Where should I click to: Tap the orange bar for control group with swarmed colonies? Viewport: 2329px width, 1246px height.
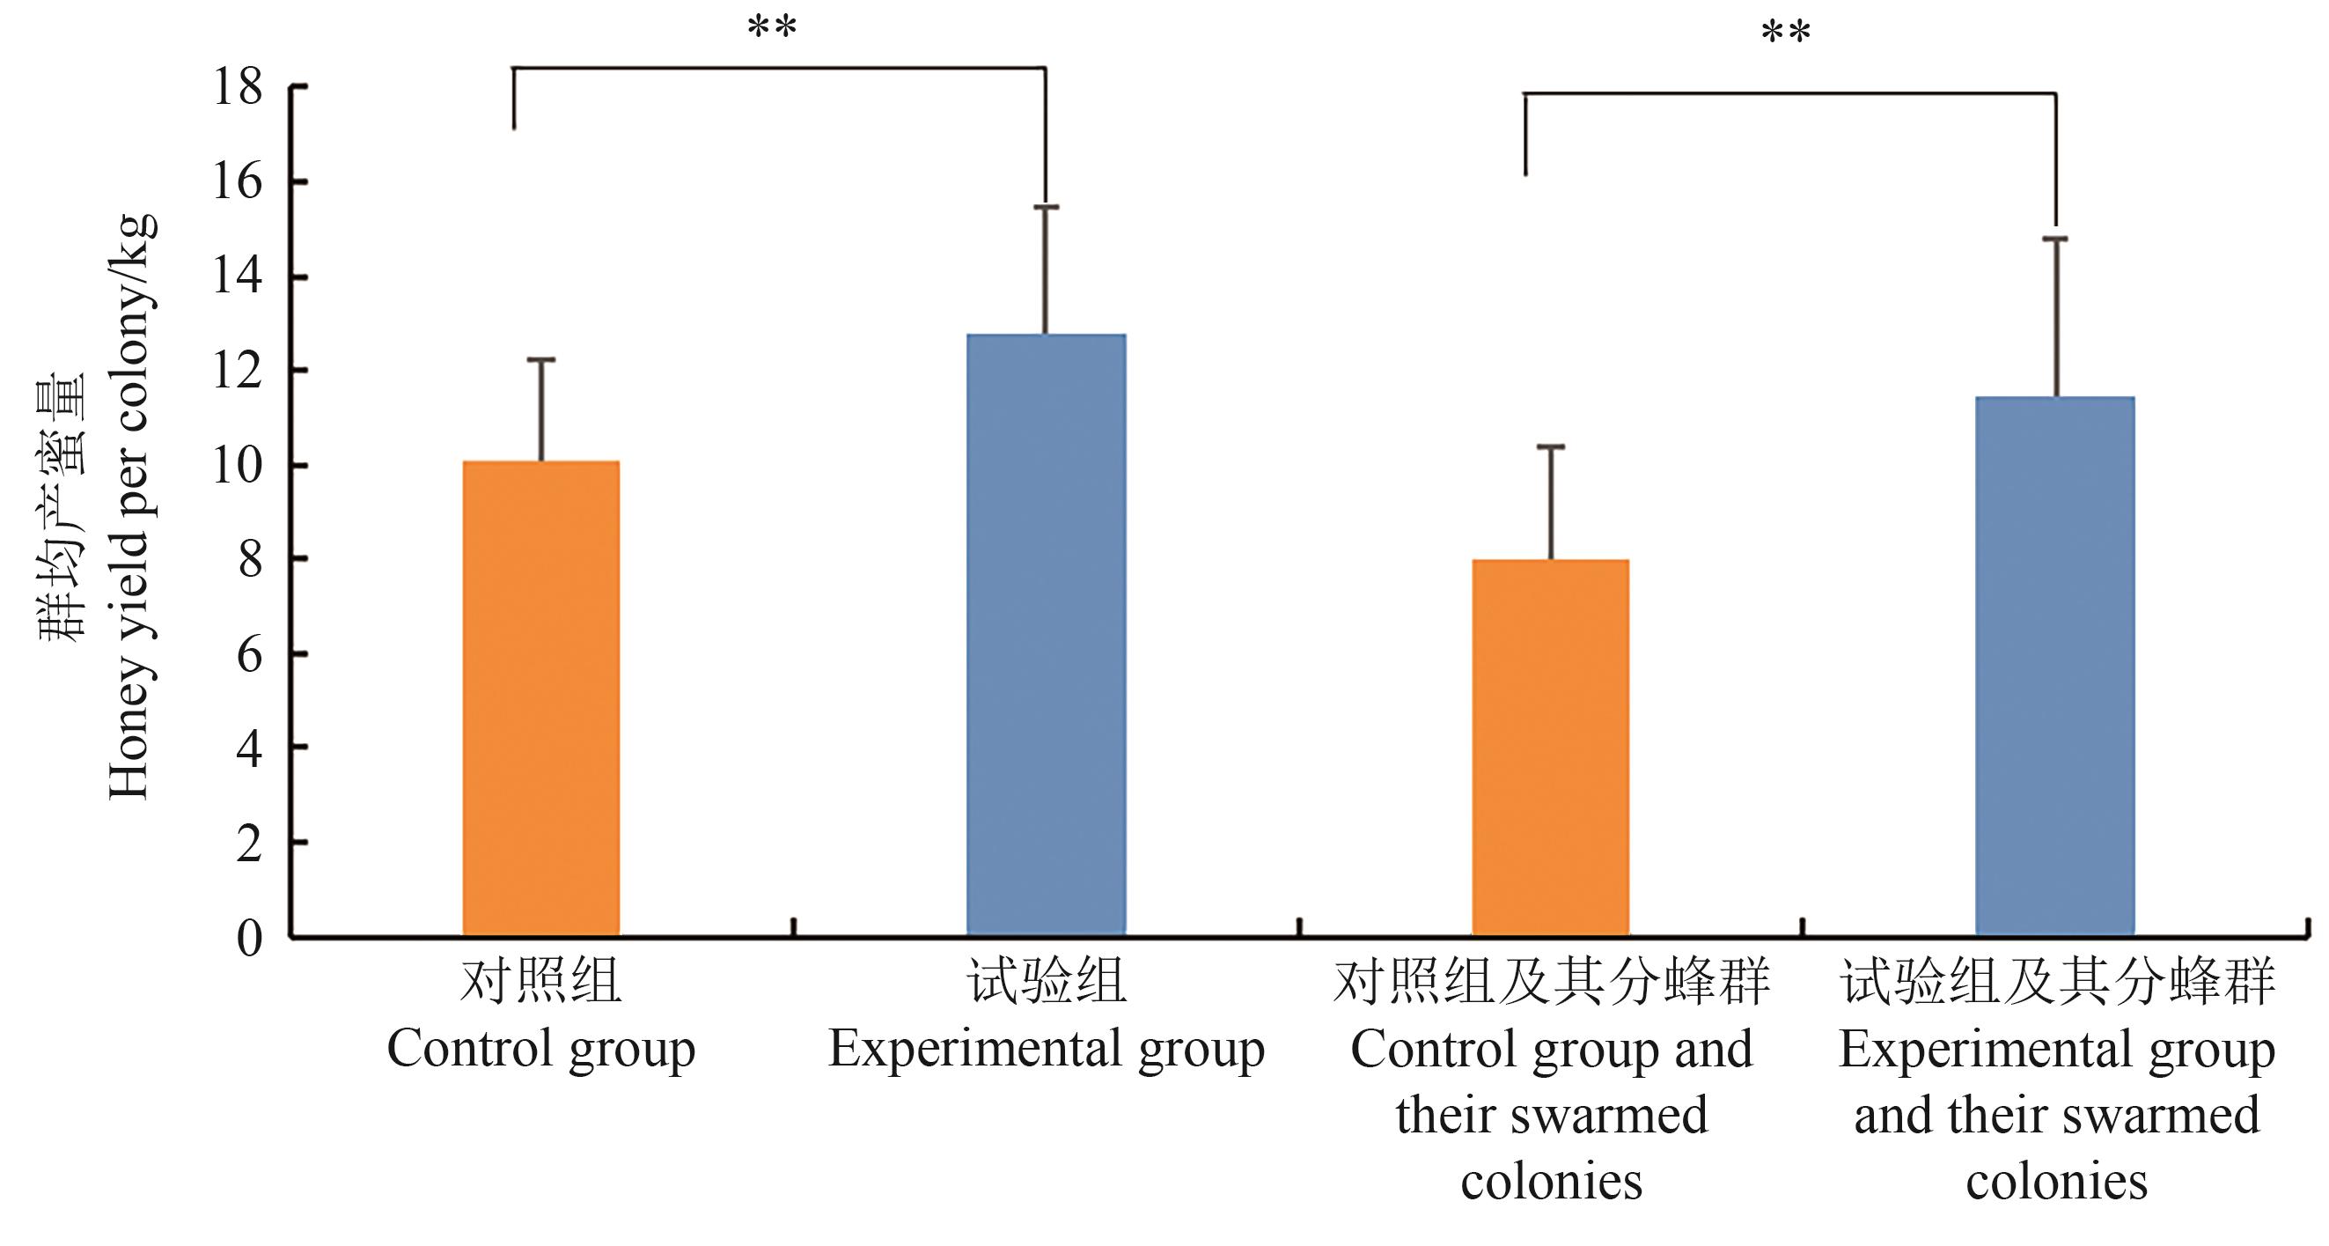point(1551,747)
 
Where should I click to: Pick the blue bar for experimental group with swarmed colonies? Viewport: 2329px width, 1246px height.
point(2055,666)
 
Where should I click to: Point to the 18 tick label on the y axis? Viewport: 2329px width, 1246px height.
point(238,88)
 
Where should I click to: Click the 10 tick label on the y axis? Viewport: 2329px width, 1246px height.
point(238,467)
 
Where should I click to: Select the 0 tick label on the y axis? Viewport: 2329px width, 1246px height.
point(250,938)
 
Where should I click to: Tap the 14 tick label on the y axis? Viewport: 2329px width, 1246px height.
point(238,276)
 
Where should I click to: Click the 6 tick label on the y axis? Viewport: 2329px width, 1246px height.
point(250,654)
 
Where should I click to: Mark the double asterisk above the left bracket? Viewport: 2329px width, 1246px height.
point(772,27)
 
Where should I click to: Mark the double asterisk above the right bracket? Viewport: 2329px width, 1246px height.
point(1786,33)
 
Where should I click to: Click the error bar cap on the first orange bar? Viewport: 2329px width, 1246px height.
point(540,360)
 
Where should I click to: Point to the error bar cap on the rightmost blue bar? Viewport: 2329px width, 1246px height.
point(2055,239)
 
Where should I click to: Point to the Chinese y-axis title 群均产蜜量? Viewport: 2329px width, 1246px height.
point(62,506)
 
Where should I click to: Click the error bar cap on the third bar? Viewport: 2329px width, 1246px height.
point(1551,446)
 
